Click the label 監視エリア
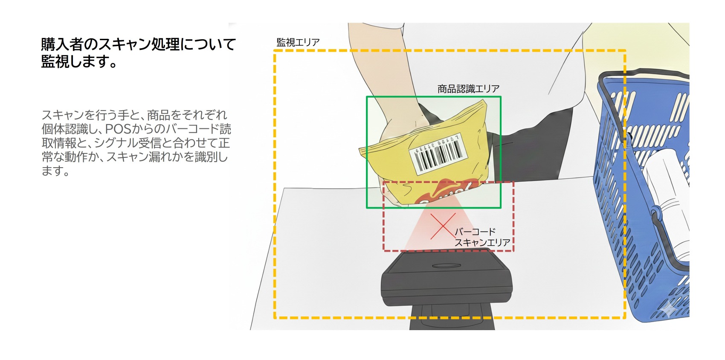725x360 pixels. coord(298,42)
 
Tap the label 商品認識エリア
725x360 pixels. coord(468,89)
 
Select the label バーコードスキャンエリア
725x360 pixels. coord(482,237)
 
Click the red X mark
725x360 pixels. coord(443,226)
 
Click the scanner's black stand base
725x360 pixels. coord(452,318)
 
